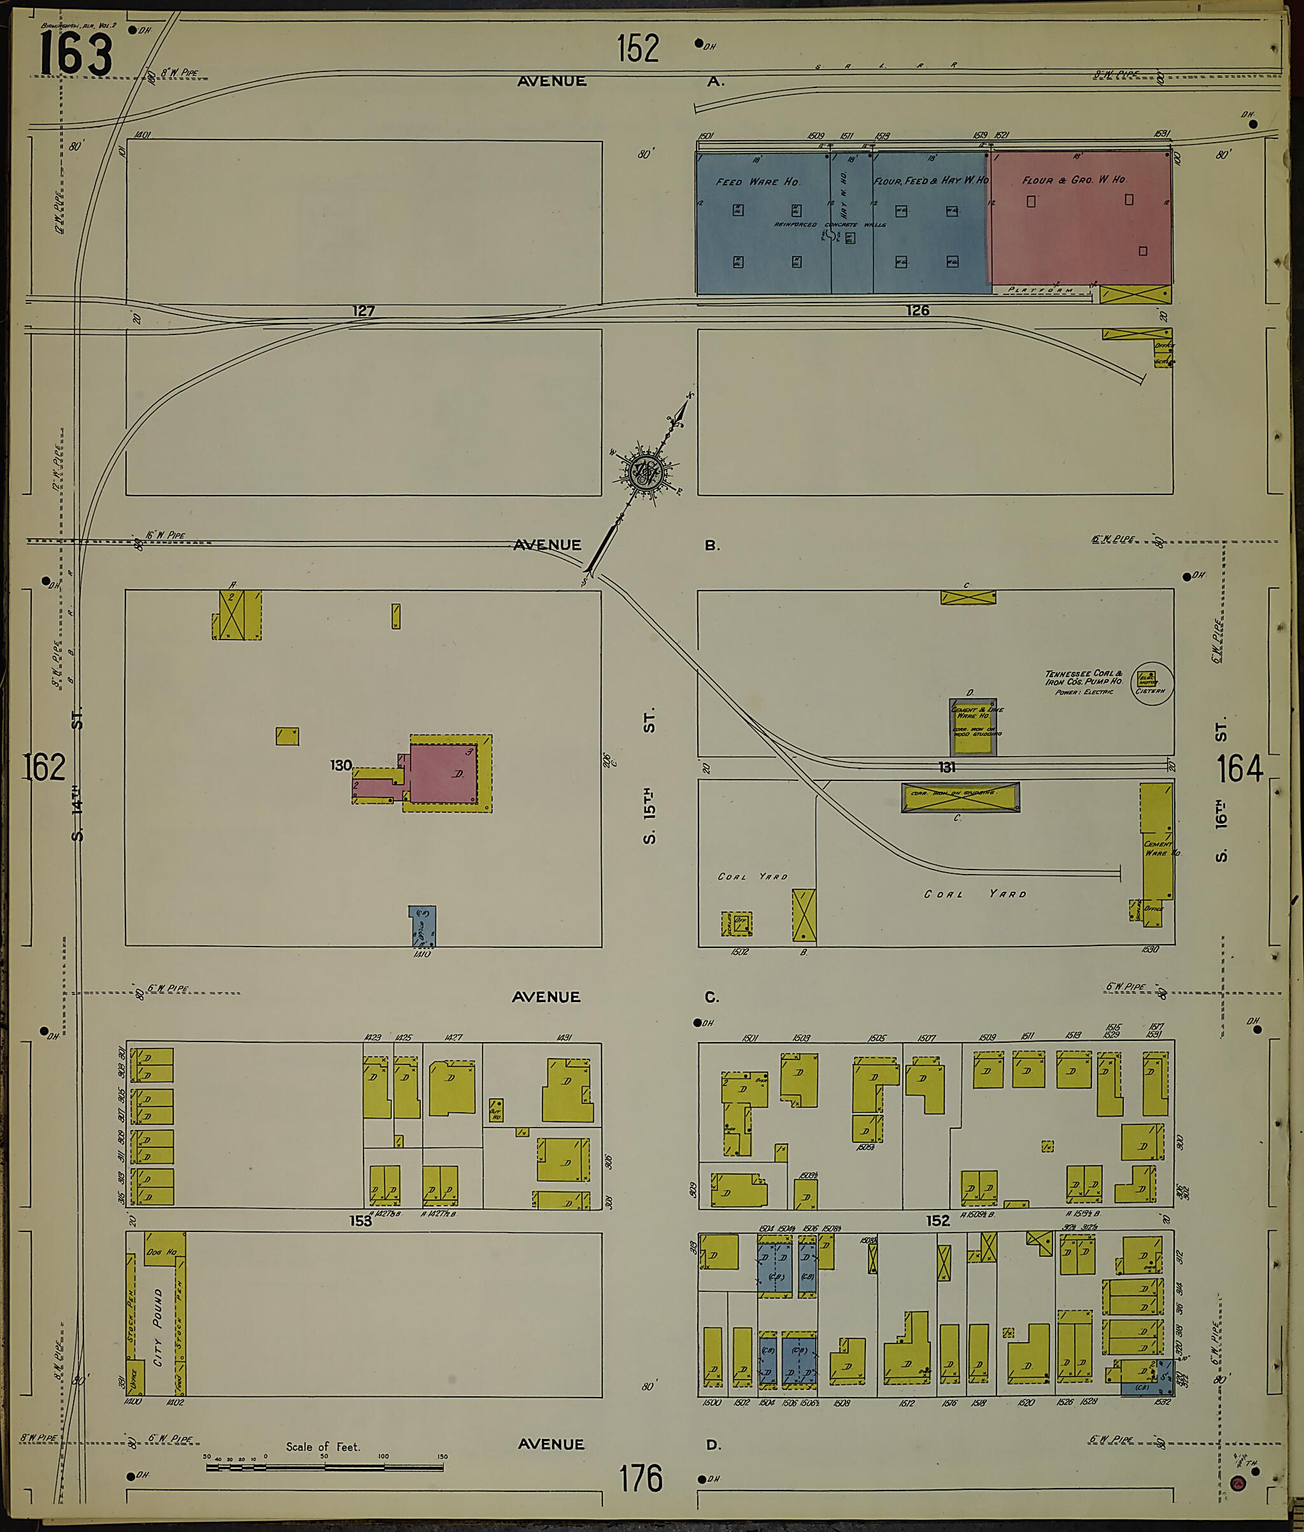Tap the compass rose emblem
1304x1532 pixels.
(646, 471)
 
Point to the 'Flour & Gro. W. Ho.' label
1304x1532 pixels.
(1074, 180)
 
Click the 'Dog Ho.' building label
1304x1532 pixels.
(161, 1252)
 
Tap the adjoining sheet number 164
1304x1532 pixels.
(1240, 769)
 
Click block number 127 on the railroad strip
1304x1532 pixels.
(364, 311)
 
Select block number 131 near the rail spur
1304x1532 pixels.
(947, 767)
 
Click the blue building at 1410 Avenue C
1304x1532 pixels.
(423, 926)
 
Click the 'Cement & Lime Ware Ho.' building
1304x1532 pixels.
(973, 726)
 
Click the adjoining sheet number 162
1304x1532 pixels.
(45, 767)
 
